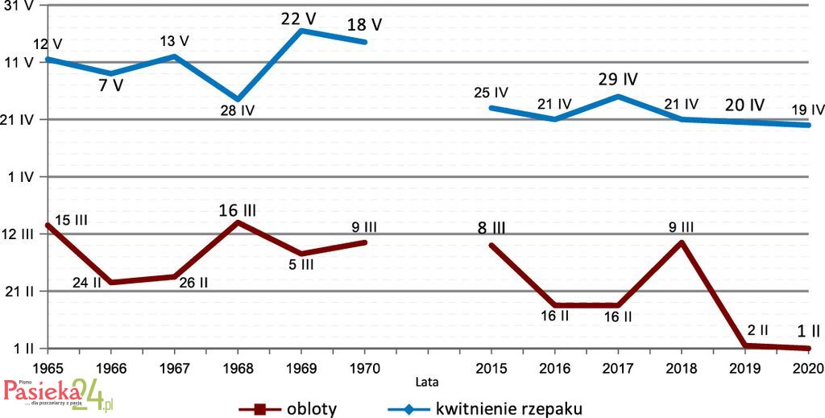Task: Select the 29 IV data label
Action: tap(618, 80)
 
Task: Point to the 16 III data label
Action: tap(237, 210)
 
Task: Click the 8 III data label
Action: tap(491, 228)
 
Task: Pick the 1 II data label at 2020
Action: tap(808, 330)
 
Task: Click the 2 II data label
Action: tap(757, 330)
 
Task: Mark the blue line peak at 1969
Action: tap(301, 31)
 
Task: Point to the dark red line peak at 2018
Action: tap(682, 242)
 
